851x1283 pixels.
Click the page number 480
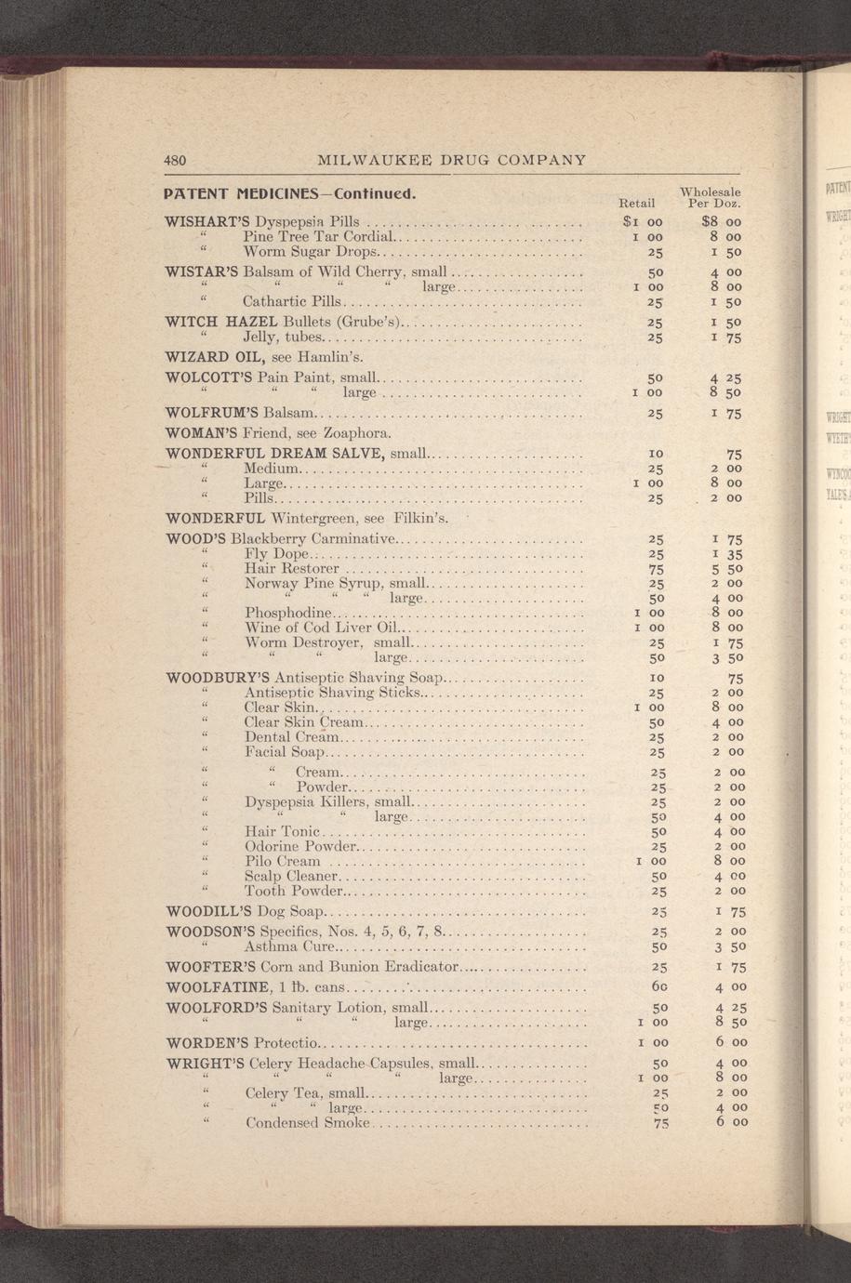[x=175, y=159]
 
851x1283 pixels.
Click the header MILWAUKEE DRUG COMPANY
[x=452, y=159]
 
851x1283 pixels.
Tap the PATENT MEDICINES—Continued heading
[x=288, y=195]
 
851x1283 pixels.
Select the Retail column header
[x=637, y=202]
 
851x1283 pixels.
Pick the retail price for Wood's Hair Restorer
[x=656, y=568]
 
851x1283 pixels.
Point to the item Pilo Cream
[x=282, y=862]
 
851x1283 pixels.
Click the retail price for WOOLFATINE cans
[x=656, y=985]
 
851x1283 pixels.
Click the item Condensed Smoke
[x=308, y=1123]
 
